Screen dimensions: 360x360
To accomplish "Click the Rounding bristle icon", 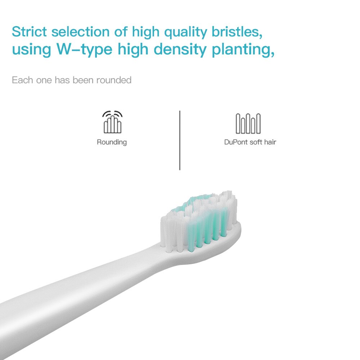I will (x=112, y=122).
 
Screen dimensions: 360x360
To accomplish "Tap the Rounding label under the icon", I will (x=112, y=142).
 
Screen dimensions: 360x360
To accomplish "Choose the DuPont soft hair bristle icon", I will (x=248, y=123).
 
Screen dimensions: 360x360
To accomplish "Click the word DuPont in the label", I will (x=236, y=142).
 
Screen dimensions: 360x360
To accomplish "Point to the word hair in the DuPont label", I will (x=270, y=142).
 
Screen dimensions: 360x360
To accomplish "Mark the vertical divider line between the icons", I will (x=180, y=140).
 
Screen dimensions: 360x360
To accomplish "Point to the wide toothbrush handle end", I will (x=22, y=317).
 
